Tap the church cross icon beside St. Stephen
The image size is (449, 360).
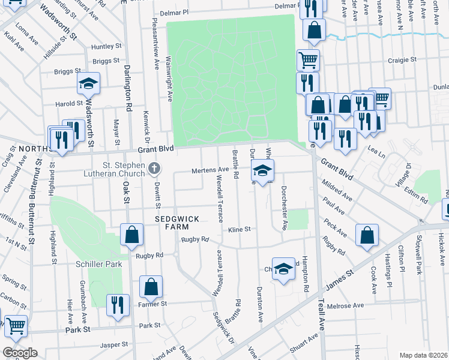click(x=154, y=169)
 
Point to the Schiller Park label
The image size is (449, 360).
click(x=99, y=264)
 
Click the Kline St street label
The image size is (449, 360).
click(x=238, y=229)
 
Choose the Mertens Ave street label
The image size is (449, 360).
click(x=210, y=170)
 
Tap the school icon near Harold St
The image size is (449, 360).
click(x=88, y=85)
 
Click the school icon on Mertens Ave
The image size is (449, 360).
click(x=262, y=170)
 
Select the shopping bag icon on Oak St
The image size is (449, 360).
click(x=131, y=236)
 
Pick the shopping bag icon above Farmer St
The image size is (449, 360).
click(x=151, y=287)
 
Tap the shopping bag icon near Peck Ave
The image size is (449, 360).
click(x=367, y=236)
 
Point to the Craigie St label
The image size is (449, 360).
click(x=402, y=60)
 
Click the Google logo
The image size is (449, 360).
click(x=19, y=353)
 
